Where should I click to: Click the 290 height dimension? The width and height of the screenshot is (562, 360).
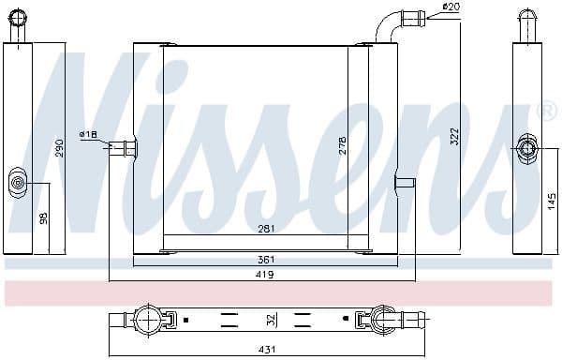coord(60,148)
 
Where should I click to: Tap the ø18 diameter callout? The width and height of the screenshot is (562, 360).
coord(89,135)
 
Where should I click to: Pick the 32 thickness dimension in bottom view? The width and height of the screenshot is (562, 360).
coord(271,320)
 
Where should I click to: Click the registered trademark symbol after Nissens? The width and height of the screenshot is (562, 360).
coord(548,113)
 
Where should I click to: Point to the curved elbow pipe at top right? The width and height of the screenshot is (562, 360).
coord(387,26)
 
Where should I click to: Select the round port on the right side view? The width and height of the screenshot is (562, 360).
coord(526,149)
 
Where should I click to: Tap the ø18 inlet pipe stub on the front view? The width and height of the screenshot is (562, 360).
coord(123,146)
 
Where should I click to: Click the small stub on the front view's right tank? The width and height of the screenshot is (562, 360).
coord(405,182)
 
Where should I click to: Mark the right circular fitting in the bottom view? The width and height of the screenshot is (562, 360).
coord(384,321)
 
